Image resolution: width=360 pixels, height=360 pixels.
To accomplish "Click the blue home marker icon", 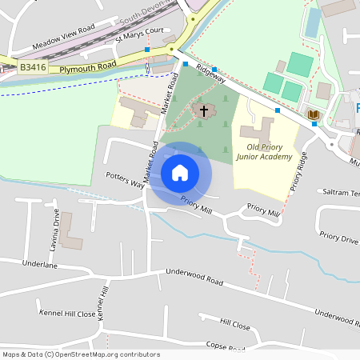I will tap(180, 173).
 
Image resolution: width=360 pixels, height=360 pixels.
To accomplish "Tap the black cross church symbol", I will tap(204, 110).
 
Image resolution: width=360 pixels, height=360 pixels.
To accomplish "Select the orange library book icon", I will tap(314, 115).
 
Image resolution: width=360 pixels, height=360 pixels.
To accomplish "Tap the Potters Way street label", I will tap(124, 179).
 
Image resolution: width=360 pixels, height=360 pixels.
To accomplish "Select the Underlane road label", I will tap(40, 262).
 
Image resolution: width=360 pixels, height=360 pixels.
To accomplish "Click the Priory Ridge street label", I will tap(298, 171).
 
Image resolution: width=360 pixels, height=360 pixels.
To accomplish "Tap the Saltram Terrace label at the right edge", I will tap(341, 192).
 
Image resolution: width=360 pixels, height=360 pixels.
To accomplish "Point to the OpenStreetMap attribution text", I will tap(80, 354).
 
